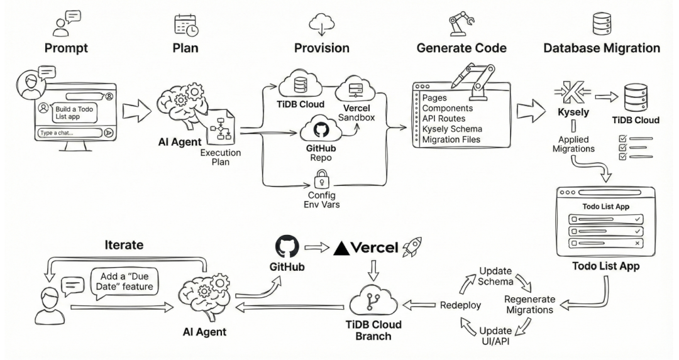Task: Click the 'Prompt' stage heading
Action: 66,48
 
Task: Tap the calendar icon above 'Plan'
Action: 186,25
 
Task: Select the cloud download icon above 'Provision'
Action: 322,25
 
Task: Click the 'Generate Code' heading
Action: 461,48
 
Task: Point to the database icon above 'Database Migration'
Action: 602,24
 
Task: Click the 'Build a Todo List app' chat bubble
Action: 74,112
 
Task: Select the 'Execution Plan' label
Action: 221,158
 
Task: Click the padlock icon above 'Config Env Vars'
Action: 321,178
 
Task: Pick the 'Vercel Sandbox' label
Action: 356,112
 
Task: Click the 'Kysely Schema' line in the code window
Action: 452,129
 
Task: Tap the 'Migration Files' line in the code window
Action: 451,139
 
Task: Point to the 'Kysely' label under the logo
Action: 573,112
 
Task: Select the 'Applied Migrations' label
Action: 573,144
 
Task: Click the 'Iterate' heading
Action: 124,245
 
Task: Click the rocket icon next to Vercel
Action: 412,246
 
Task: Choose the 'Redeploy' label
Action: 460,305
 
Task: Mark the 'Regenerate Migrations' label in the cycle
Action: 529,305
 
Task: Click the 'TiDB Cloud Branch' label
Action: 373,330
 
